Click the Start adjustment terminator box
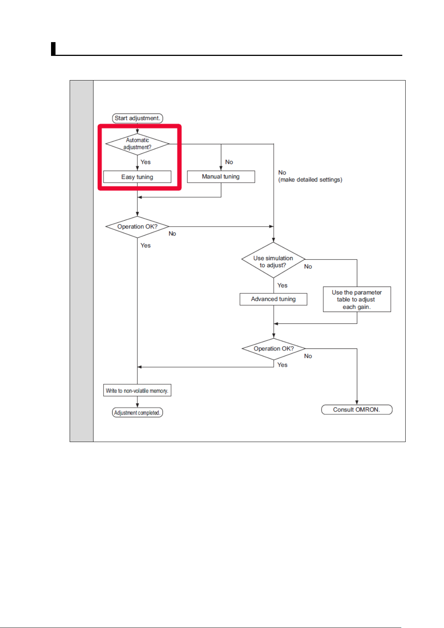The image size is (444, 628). pyautogui.click(x=137, y=118)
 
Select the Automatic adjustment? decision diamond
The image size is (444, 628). pyautogui.click(x=137, y=144)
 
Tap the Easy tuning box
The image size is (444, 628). pyautogui.click(x=137, y=177)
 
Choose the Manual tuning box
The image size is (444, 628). pyautogui.click(x=221, y=177)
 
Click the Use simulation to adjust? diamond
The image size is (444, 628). pyautogui.click(x=273, y=260)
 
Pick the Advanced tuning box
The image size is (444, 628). pyautogui.click(x=273, y=299)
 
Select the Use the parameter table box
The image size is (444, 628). pyautogui.click(x=357, y=299)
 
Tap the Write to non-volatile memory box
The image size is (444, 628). pyautogui.click(x=137, y=390)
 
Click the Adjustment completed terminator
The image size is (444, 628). pyautogui.click(x=137, y=413)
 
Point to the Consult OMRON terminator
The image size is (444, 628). pyautogui.click(x=356, y=410)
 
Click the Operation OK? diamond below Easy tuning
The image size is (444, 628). pyautogui.click(x=137, y=227)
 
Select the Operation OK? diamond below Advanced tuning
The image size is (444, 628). pyautogui.click(x=273, y=349)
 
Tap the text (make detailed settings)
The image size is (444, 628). pyautogui.click(x=310, y=180)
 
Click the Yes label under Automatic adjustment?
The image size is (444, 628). pyautogui.click(x=145, y=162)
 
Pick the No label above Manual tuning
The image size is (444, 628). pyautogui.click(x=229, y=162)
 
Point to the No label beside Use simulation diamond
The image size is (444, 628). pyautogui.click(x=308, y=266)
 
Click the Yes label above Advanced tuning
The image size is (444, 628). pyautogui.click(x=282, y=285)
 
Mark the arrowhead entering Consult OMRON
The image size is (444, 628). pyautogui.click(x=357, y=403)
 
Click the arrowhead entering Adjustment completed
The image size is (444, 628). pyautogui.click(x=137, y=405)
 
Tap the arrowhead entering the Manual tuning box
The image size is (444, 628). pyautogui.click(x=221, y=168)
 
